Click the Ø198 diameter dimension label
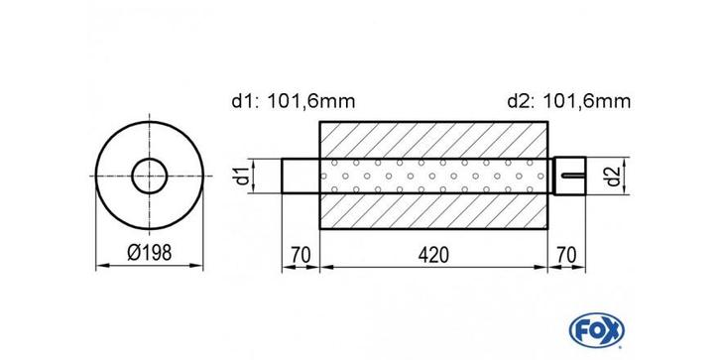[x=149, y=252]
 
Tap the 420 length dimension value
[x=433, y=255]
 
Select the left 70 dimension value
[x=300, y=255]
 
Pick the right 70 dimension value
[x=567, y=255]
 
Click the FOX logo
[x=596, y=330]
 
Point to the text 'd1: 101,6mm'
[x=294, y=101]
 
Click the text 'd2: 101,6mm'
[x=569, y=101]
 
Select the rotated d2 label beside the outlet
[x=614, y=176]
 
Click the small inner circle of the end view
[x=149, y=159]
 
